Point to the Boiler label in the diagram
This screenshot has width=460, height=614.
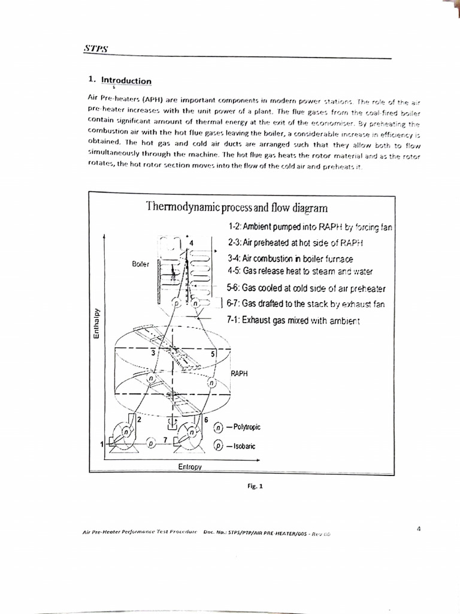[x=141, y=264]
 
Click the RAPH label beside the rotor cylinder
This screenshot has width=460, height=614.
[x=240, y=372]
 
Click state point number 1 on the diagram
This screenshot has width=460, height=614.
[x=102, y=444]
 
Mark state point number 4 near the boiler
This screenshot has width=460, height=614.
[x=191, y=243]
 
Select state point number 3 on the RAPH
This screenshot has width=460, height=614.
[x=153, y=353]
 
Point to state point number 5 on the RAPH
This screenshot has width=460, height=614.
[x=213, y=353]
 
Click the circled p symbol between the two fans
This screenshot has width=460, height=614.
[x=151, y=443]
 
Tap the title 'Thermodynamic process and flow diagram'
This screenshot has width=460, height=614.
[x=237, y=207]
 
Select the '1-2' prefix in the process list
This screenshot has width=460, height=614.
[x=234, y=227]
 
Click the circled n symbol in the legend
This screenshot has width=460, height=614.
[x=219, y=428]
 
